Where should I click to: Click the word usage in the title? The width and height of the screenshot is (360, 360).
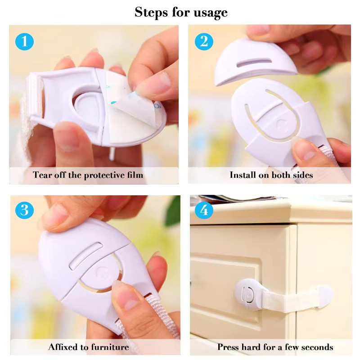click(x=211, y=13)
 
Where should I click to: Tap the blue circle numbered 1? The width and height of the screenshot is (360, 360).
click(x=25, y=41)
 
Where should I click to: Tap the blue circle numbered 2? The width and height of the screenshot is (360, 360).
click(x=204, y=41)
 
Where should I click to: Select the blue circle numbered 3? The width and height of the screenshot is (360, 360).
click(x=25, y=210)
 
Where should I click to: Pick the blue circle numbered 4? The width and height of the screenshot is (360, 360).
click(x=204, y=210)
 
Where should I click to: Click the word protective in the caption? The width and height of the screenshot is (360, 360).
click(x=102, y=175)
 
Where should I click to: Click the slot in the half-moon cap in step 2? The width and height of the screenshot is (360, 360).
click(x=254, y=62)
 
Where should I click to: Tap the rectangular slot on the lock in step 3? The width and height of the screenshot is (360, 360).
click(x=86, y=256)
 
